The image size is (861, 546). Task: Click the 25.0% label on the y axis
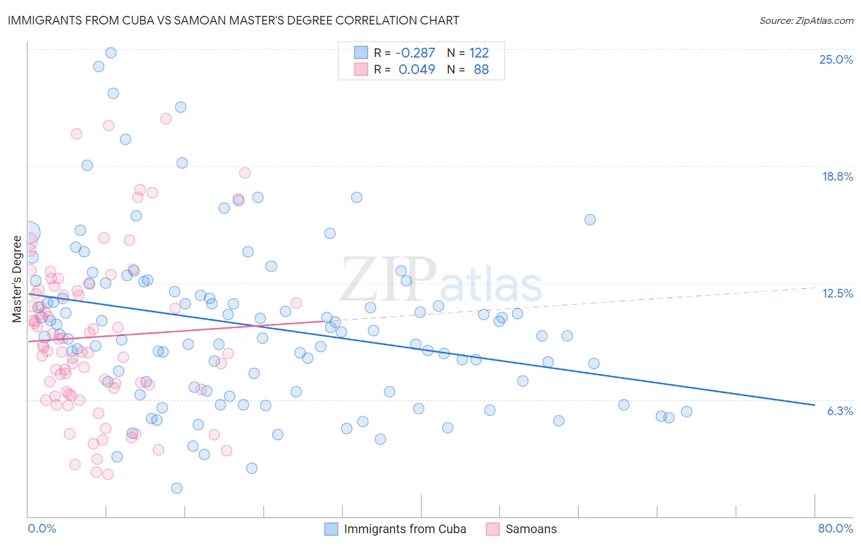836,59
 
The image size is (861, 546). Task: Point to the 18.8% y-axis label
837,176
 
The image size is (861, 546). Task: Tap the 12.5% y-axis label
837,293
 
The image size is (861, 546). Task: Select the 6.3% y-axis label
840,411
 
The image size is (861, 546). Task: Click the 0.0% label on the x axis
42,528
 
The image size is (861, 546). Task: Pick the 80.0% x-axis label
835,528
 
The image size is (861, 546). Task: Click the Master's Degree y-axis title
17,279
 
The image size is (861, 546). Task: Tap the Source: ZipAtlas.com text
806,20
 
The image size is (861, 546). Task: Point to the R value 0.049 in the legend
416,69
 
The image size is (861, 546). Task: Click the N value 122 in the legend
479,53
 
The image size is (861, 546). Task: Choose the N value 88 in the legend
481,69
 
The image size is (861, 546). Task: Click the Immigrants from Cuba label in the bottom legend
405,529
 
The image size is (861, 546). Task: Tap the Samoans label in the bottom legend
531,529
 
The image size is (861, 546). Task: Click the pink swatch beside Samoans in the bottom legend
493,529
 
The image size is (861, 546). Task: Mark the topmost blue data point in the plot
111,53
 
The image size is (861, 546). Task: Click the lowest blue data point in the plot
177,488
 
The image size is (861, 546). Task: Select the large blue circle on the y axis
29,233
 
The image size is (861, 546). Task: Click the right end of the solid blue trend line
814,405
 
